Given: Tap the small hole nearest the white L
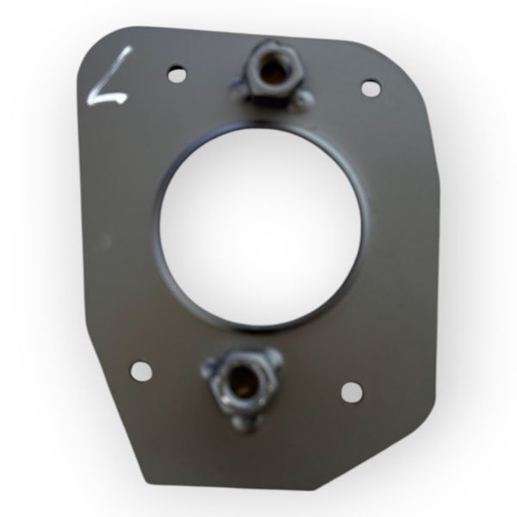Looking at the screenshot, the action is [177, 73].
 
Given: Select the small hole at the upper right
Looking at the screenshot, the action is [371, 88].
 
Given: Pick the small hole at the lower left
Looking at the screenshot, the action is [141, 371].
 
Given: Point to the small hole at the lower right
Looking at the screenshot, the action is [352, 392].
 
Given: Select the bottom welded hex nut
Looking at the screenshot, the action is [240, 385].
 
